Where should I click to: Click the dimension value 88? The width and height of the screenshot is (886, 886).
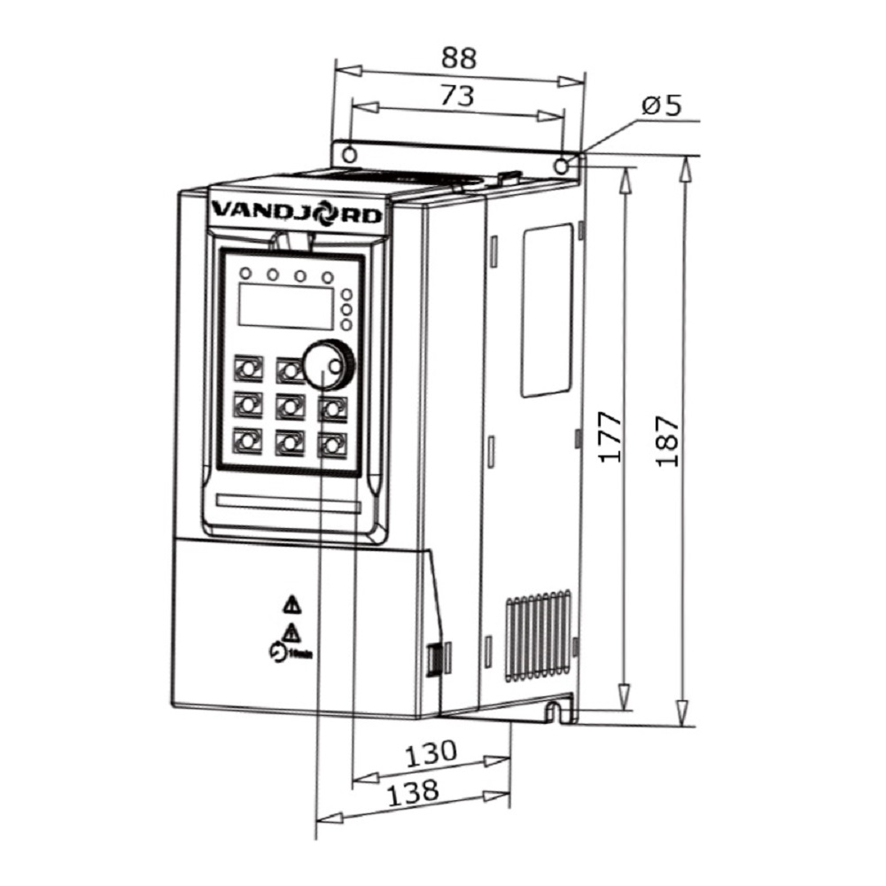click(459, 58)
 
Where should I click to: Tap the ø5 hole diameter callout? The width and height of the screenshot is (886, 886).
click(662, 106)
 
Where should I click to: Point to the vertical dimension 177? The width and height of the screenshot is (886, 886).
click(609, 436)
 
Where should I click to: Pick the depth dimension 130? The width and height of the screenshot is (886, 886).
click(431, 754)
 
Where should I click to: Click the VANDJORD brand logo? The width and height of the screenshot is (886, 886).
click(298, 214)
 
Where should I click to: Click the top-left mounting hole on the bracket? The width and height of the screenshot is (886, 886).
click(349, 155)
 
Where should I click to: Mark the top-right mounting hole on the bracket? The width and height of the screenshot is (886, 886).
click(562, 166)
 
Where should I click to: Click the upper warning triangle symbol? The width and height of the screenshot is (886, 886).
click(291, 606)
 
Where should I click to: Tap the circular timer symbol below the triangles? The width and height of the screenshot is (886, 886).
click(276, 653)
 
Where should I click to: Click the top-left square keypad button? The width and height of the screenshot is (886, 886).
click(247, 368)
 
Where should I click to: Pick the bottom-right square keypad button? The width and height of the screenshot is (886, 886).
click(332, 442)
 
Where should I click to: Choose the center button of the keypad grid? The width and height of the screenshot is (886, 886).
click(290, 407)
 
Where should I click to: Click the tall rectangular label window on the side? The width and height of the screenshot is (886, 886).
click(546, 310)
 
